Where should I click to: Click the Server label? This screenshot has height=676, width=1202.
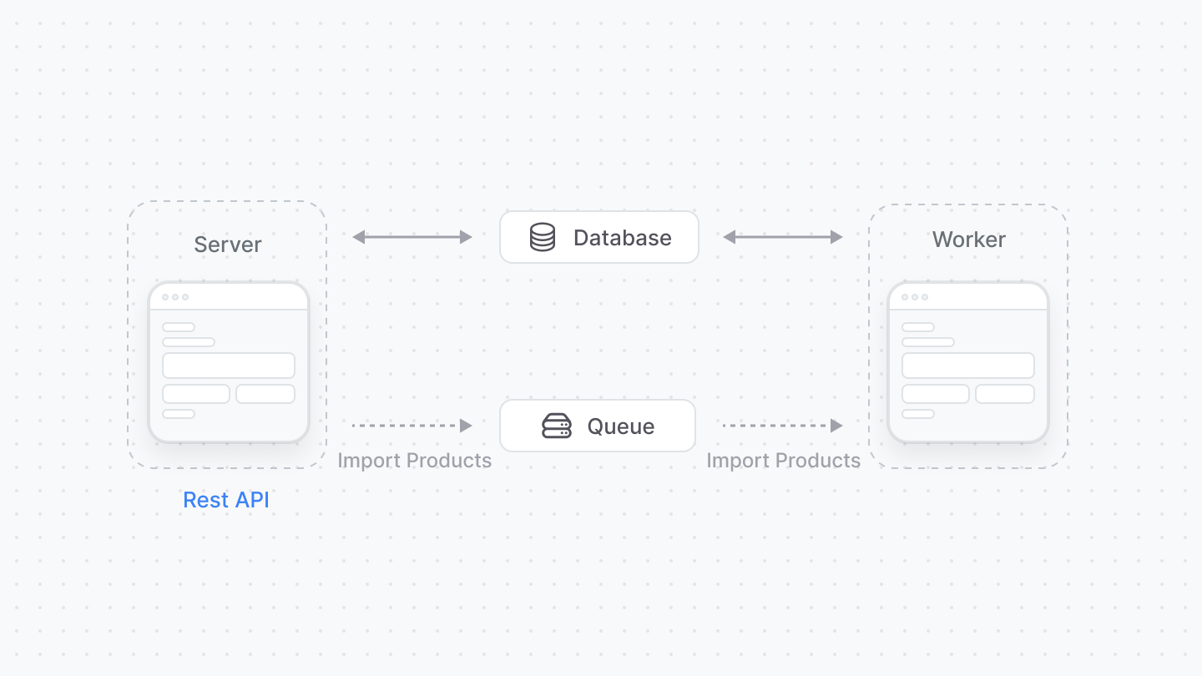coord(228,245)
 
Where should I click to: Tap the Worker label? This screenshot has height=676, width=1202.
coord(968,240)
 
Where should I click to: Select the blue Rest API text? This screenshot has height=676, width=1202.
coord(226,500)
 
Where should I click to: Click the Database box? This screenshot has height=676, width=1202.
coord(598,237)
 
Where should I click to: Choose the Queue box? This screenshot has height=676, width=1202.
coord(597,426)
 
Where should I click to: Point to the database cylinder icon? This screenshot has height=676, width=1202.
coord(543,237)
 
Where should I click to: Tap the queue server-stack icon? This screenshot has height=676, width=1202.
coord(557,426)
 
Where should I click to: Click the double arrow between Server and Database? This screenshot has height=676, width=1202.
coord(412,237)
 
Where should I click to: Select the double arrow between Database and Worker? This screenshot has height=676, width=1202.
coord(782,237)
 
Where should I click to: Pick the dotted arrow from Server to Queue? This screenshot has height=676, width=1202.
coord(412,426)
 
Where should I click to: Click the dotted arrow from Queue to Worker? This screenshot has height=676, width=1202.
coord(782,426)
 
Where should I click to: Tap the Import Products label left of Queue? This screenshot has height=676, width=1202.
coord(414,461)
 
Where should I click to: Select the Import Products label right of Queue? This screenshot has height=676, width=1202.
coord(783,461)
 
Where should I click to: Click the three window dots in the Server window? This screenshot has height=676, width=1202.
coord(175,297)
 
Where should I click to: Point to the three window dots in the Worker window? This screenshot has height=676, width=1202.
coord(915,297)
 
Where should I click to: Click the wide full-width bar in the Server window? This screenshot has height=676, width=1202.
coord(229,366)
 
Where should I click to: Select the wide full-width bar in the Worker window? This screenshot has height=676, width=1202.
coord(968,366)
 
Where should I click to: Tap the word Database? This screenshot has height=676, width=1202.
coord(622,238)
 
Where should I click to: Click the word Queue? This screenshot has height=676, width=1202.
coord(621,426)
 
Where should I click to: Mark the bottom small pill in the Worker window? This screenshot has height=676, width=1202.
coord(918,414)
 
